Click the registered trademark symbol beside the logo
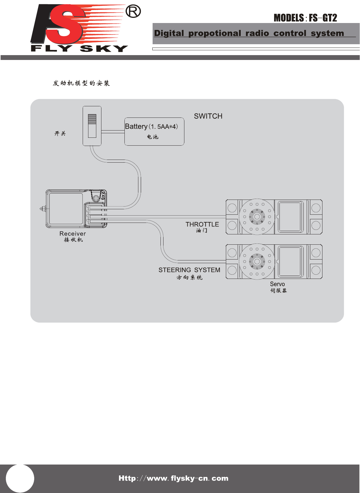click(133, 12)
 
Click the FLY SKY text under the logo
click(79, 48)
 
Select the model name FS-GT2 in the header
click(323, 18)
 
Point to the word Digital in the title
click(169, 33)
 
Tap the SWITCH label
click(208, 116)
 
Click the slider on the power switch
click(92, 119)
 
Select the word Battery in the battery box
click(136, 127)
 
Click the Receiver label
click(73, 234)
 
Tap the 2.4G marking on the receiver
click(103, 195)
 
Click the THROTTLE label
click(202, 224)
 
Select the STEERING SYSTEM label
click(189, 270)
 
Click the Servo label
click(277, 284)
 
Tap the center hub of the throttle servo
click(257, 217)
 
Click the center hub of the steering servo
click(257, 261)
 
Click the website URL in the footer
click(173, 478)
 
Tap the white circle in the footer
click(20, 479)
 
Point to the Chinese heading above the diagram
click(81, 83)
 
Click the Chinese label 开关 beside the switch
click(60, 134)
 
